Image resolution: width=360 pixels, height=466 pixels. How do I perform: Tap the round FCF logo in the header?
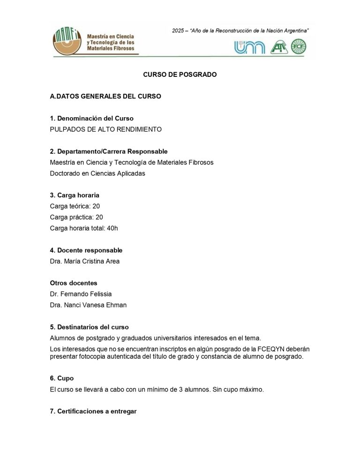[x=299, y=46]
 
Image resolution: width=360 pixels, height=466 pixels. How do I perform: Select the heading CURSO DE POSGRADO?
[x=180, y=75]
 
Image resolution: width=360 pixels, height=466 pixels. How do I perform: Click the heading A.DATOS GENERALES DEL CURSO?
[x=105, y=97]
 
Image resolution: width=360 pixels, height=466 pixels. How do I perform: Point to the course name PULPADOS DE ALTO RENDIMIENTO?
[x=105, y=129]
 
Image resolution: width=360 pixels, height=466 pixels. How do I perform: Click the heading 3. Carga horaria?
[x=75, y=195]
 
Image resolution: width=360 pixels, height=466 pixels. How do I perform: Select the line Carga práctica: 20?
[x=76, y=217]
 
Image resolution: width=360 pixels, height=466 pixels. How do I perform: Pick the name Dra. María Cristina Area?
[x=84, y=261]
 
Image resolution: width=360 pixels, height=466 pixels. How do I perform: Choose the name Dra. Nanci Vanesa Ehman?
[x=88, y=305]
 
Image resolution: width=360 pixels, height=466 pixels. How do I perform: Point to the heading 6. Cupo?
[x=62, y=378]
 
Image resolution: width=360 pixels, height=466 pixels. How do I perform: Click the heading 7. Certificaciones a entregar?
[x=93, y=411]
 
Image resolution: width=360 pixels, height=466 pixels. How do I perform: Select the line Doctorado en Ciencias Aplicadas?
[x=97, y=173]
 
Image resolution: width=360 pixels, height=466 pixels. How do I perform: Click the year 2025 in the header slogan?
[x=178, y=30]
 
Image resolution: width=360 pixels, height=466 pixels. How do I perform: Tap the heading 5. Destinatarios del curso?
[x=89, y=327]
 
